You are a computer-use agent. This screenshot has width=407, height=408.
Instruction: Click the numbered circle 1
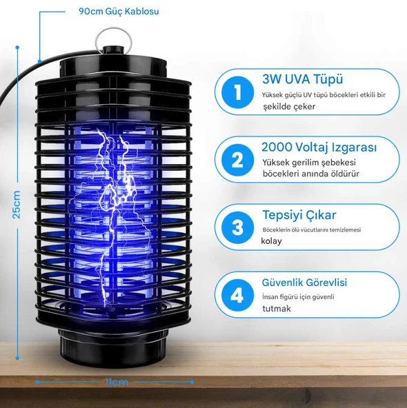[x=237, y=92]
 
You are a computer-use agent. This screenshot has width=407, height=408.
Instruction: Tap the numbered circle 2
[x=237, y=160]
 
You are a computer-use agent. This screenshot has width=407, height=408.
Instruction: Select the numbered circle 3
[x=237, y=227]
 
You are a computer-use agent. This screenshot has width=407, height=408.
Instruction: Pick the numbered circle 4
[x=237, y=295]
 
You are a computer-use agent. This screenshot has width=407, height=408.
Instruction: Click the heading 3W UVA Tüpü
[x=302, y=79]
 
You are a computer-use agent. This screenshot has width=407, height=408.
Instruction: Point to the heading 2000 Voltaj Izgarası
[x=319, y=147]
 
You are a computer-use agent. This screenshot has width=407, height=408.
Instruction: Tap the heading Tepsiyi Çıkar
[x=299, y=215]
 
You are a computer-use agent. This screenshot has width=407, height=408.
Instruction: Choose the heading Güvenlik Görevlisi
[x=304, y=283]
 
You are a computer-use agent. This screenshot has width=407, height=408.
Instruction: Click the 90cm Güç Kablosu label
[x=119, y=12]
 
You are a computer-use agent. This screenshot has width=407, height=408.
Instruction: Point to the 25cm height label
[x=17, y=205]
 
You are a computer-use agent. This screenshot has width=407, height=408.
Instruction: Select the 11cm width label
[x=117, y=382]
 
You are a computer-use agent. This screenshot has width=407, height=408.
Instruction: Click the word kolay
[x=271, y=241]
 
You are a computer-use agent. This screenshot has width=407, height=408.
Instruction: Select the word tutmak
[x=277, y=309]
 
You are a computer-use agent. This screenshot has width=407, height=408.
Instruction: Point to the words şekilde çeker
[x=289, y=106]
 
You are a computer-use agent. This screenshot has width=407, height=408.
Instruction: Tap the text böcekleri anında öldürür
[x=311, y=174]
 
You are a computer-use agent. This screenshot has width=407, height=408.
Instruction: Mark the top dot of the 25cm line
[x=17, y=48]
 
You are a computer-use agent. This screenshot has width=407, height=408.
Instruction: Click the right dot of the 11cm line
[x=192, y=382]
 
